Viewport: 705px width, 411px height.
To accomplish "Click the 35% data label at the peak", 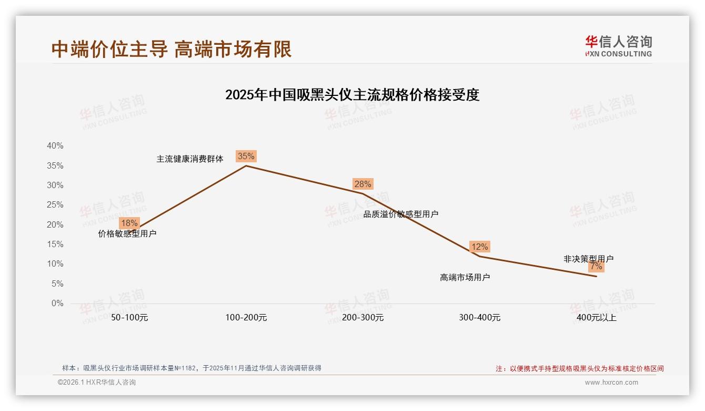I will tap(246, 156).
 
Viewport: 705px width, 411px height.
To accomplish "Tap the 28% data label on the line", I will tap(362, 184).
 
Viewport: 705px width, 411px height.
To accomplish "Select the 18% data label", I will tap(129, 223).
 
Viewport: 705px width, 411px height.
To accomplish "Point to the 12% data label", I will tap(479, 247).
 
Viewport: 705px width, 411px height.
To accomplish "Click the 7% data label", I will tap(596, 267).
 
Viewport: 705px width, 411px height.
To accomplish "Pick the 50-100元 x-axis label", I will tap(129, 318).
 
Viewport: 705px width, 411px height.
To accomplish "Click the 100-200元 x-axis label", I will tap(246, 318).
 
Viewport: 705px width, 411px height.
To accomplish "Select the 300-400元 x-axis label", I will tap(479, 318).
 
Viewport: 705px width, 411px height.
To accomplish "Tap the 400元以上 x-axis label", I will tap(596, 318).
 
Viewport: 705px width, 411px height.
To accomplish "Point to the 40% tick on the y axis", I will tap(55, 146).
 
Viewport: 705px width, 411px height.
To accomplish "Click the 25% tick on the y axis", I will tap(55, 205).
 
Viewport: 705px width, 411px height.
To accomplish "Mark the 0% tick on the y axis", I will tap(57, 304).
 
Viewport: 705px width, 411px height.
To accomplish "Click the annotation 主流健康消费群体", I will tap(190, 159).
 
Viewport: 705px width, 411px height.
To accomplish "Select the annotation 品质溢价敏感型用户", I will tap(401, 214).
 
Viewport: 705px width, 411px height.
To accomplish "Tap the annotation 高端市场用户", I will tap(465, 277).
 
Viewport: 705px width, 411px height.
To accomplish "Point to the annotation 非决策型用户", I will tap(588, 259).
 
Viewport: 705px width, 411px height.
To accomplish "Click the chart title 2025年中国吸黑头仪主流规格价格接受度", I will tap(352, 95).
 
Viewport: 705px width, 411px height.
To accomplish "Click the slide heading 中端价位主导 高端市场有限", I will tap(172, 49).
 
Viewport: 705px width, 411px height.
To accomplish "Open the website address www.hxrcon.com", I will tap(611, 383).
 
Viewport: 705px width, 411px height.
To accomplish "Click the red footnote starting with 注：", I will tap(580, 369).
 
